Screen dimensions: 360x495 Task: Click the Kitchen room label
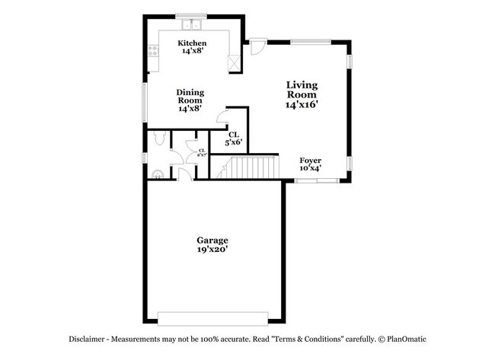coord(193,43)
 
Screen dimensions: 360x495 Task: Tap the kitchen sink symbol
coord(187,19)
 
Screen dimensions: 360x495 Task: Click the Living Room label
coord(302,89)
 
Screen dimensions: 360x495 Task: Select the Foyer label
coord(310,160)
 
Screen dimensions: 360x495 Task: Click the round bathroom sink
coord(158,174)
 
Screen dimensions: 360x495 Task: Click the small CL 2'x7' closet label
coord(202,151)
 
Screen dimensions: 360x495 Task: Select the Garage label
coord(212,240)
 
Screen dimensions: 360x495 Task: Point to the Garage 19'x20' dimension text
coord(212,250)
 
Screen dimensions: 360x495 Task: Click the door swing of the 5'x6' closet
coord(222,116)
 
